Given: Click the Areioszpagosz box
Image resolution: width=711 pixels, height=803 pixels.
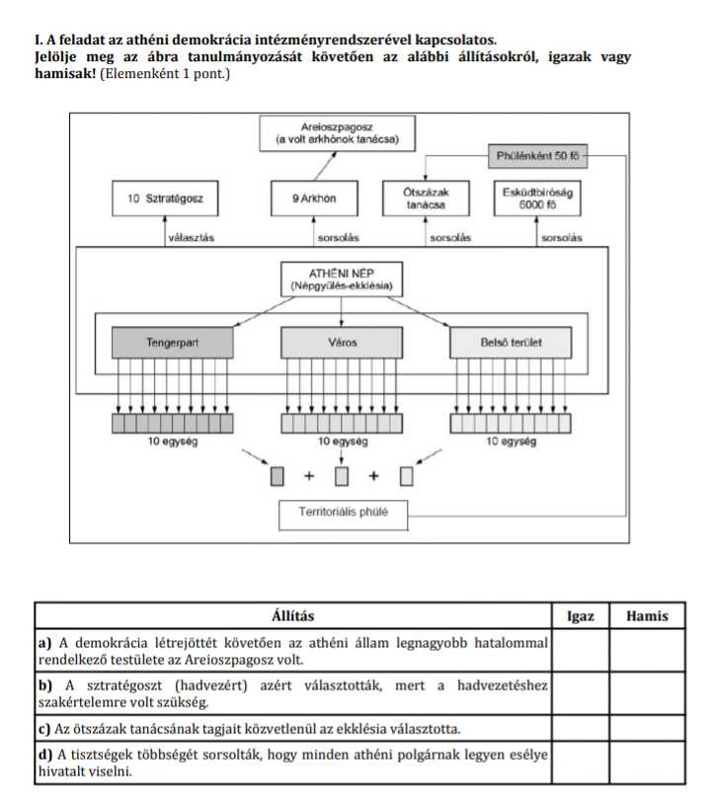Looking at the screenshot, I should tap(338, 133).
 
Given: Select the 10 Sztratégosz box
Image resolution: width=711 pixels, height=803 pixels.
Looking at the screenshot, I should tap(165, 199).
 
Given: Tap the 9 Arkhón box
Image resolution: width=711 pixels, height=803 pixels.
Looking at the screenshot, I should tap(314, 199).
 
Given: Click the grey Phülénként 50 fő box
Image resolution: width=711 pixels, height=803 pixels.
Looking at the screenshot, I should tap(543, 156).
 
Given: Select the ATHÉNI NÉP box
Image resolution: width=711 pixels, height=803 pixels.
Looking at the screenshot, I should tap(342, 278).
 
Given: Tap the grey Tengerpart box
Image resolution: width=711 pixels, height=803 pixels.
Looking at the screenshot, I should tap(174, 343).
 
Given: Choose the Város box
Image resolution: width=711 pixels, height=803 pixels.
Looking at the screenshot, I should tap(342, 343).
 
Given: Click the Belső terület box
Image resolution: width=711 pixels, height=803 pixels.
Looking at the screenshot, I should tap(511, 343).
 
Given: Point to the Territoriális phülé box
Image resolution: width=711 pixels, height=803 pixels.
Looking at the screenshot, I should tap(342, 513).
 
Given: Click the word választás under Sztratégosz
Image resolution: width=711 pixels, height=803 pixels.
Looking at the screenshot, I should tap(194, 238).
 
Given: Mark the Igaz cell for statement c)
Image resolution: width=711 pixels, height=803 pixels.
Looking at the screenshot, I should tap(581, 729).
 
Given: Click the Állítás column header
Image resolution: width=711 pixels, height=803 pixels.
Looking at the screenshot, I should tap(292, 616).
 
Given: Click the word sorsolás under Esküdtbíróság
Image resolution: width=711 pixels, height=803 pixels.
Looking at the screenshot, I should tap(561, 238).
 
